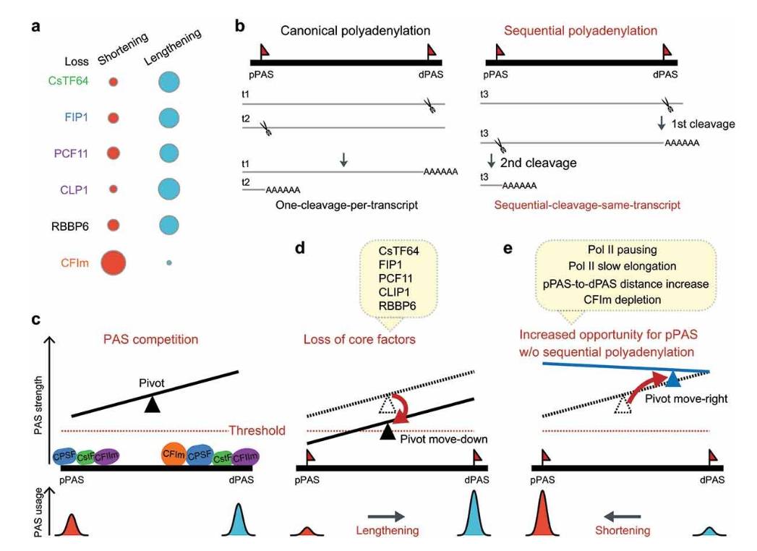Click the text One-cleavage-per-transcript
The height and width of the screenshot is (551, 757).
click(x=347, y=205)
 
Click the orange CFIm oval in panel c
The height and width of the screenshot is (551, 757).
click(x=175, y=453)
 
